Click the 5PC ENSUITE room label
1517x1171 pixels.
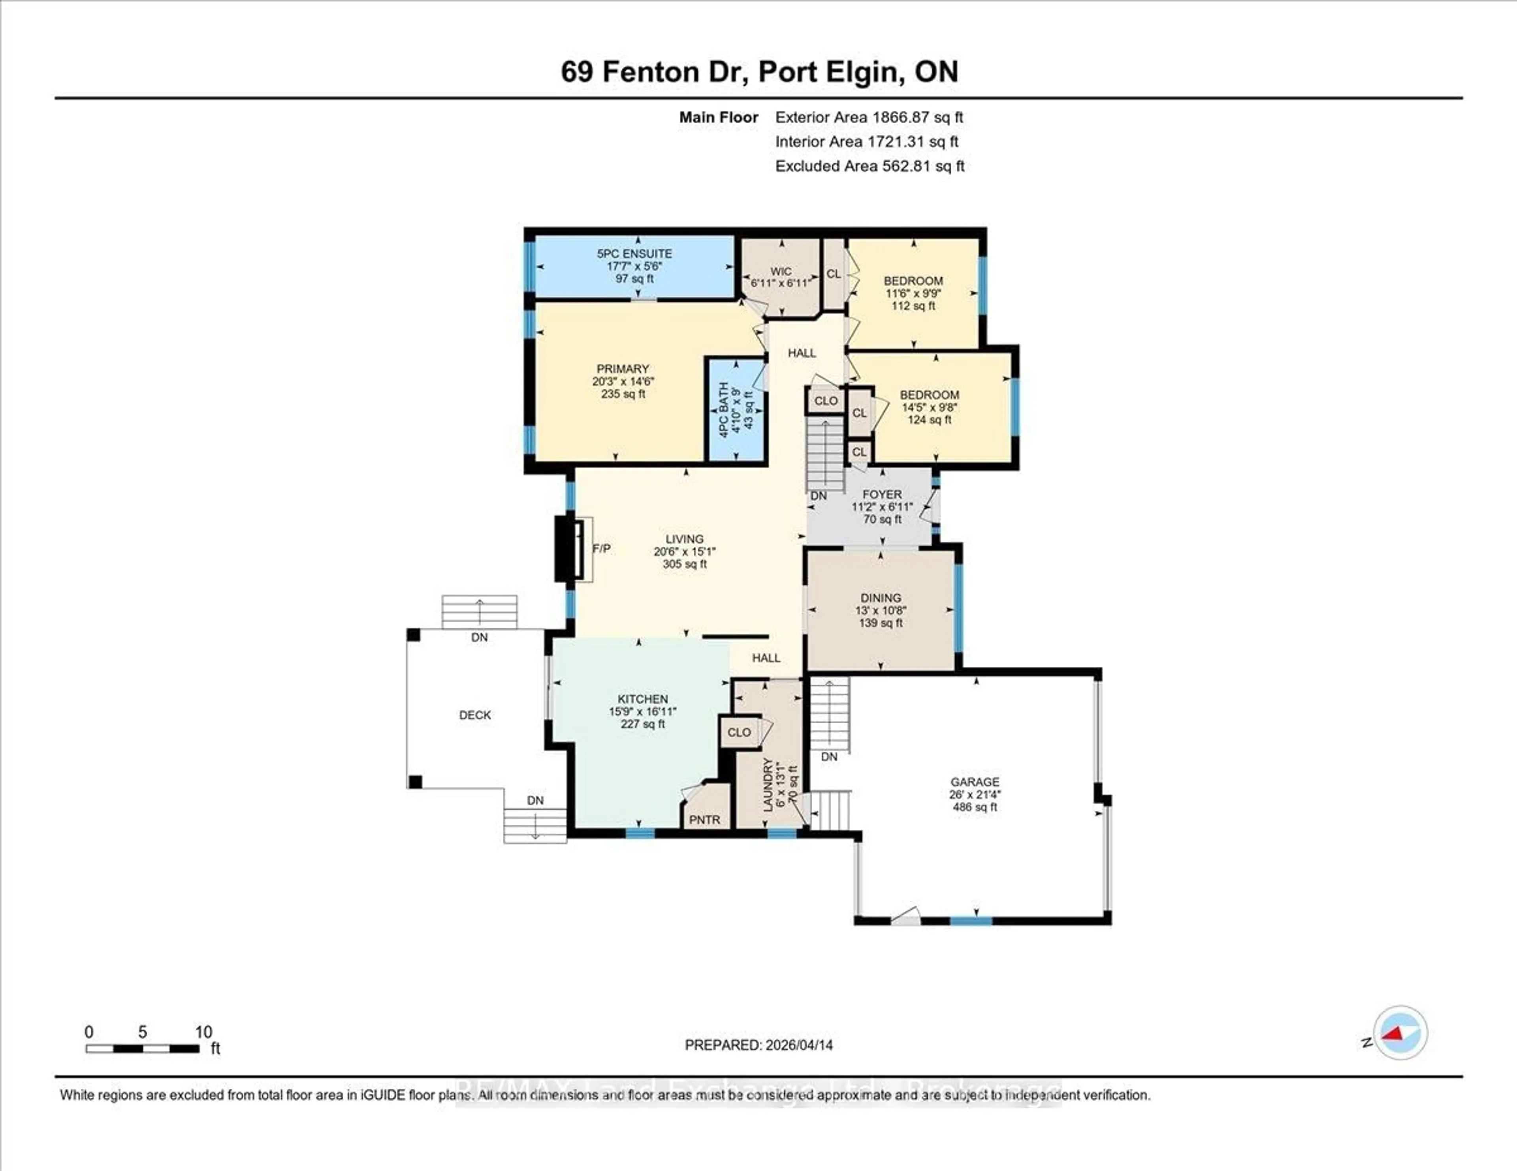click(634, 254)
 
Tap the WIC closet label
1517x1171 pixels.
click(781, 271)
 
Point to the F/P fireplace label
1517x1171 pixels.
click(602, 548)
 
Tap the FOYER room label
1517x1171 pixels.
click(882, 494)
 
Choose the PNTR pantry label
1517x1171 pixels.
click(704, 820)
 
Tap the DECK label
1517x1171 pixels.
click(475, 715)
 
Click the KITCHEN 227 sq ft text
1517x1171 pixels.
click(642, 724)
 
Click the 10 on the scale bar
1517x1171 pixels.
click(203, 1032)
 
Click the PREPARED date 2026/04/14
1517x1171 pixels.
click(798, 1045)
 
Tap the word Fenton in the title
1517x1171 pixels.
click(650, 71)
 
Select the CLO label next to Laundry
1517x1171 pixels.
click(739, 732)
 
